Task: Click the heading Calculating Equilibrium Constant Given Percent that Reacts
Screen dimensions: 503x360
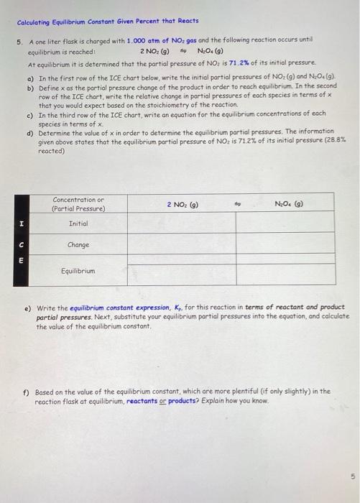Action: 107,22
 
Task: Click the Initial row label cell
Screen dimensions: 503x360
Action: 78,224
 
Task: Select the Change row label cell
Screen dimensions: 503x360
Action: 78,245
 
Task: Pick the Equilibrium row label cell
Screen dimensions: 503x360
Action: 78,272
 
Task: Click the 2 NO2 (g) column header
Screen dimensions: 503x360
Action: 182,204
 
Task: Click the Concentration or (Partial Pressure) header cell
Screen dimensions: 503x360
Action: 78,203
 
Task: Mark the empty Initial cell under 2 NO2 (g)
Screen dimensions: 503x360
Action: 182,224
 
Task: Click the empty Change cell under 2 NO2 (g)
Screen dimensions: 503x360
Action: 182,245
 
